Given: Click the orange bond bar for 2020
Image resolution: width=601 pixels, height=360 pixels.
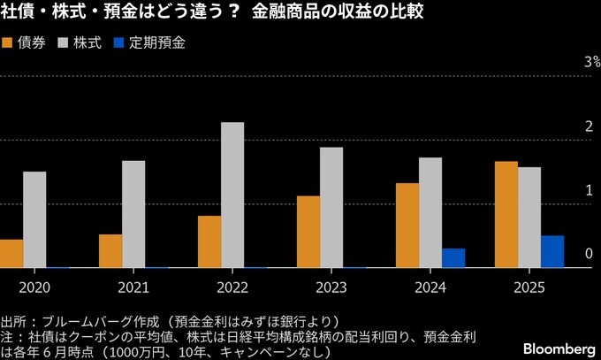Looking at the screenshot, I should [11, 253].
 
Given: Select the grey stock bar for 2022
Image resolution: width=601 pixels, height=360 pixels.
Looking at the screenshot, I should [232, 195].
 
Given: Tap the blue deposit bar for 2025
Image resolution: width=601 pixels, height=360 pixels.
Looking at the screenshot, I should [552, 251].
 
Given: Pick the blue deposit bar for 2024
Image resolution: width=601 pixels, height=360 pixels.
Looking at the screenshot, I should [453, 257].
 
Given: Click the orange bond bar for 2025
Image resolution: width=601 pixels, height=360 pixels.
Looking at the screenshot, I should [506, 214].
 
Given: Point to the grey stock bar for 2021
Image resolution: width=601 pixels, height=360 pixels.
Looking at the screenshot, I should [133, 214].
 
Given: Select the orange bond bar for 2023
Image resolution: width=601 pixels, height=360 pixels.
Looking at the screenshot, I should [308, 232].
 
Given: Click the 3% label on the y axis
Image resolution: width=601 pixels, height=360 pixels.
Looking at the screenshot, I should [590, 62].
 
